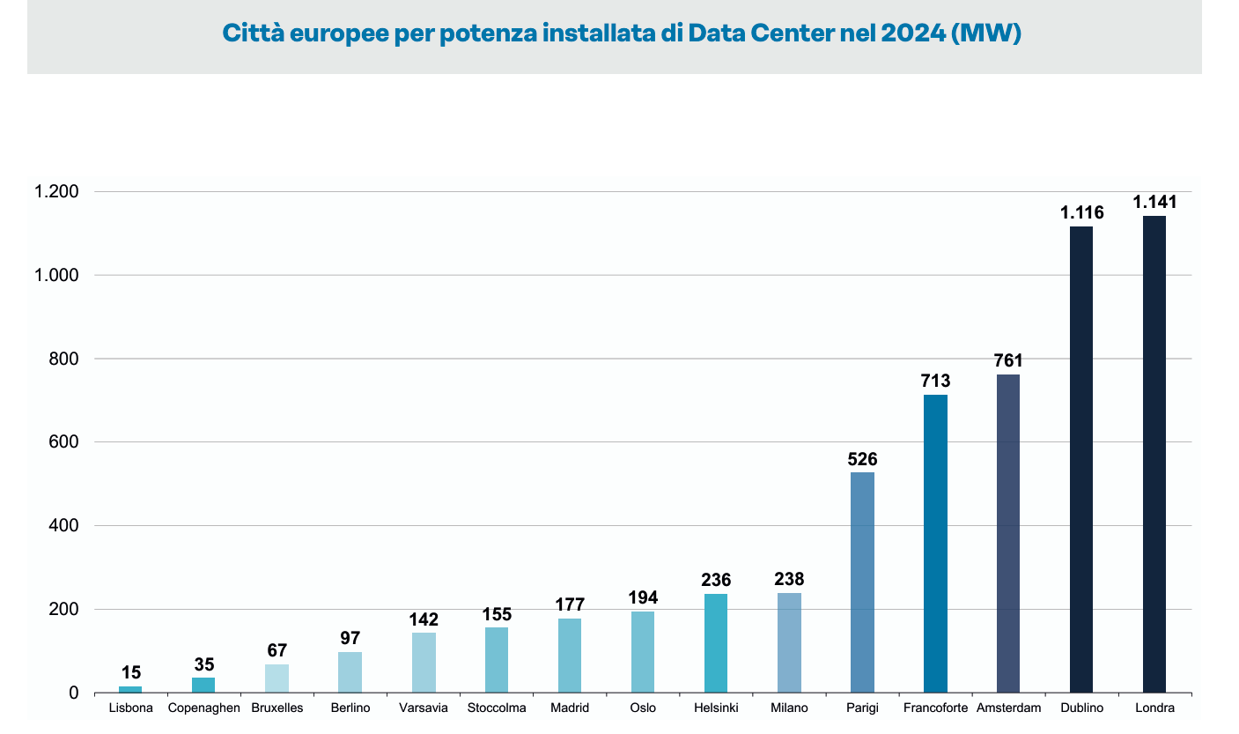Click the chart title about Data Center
pyautogui.click(x=621, y=34)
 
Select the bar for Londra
pyautogui.click(x=1154, y=454)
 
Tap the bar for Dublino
pyautogui.click(x=1080, y=459)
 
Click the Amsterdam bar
pyautogui.click(x=1007, y=533)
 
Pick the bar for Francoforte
pyautogui.click(x=935, y=543)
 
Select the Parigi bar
pyautogui.click(x=862, y=582)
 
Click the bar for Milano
pyautogui.click(x=789, y=642)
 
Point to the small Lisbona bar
pyautogui.click(x=130, y=689)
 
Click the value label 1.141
pyautogui.click(x=1154, y=202)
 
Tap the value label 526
pyautogui.click(x=862, y=459)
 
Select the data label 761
pyautogui.click(x=1007, y=360)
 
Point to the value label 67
pyautogui.click(x=277, y=651)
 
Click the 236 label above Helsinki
pyautogui.click(x=716, y=581)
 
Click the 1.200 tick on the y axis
pyautogui.click(x=56, y=192)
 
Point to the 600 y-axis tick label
pyautogui.click(x=63, y=442)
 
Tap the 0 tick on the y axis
pyautogui.click(x=74, y=693)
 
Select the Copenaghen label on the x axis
pyautogui.click(x=203, y=708)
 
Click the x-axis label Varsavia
pyautogui.click(x=423, y=708)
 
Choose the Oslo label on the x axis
pyautogui.click(x=643, y=708)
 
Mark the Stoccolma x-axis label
pyautogui.click(x=497, y=708)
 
